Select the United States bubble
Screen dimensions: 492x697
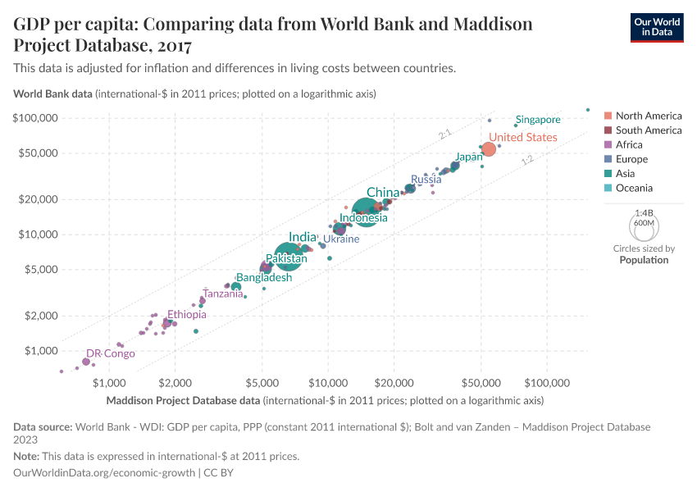[x=488, y=149]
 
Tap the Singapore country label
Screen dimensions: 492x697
[x=538, y=120]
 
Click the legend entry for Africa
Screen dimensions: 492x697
[x=630, y=145]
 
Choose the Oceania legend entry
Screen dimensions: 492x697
[x=635, y=189]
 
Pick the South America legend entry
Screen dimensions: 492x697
[x=648, y=130]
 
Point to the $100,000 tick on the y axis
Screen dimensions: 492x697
[x=35, y=118]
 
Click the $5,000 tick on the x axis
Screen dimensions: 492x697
[x=262, y=382]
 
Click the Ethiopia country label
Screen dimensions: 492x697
[x=187, y=314]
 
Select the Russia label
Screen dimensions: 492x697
[x=426, y=180]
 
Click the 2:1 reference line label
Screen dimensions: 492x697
[x=445, y=133]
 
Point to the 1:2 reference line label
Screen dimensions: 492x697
[x=528, y=162]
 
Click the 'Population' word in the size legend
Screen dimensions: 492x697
[x=644, y=260]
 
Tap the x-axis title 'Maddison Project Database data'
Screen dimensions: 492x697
[x=184, y=401]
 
